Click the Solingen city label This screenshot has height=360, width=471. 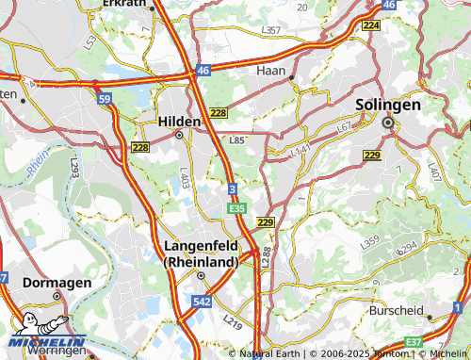click(x=388, y=105)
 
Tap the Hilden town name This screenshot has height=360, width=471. click(x=179, y=122)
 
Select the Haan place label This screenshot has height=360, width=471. click(x=272, y=71)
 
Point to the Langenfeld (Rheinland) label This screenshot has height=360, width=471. click(x=200, y=254)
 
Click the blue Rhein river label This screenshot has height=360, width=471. click(x=36, y=163)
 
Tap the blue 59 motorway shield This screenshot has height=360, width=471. click(x=105, y=97)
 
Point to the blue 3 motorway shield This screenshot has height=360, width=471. click(x=232, y=190)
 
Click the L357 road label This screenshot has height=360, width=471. click(x=271, y=31)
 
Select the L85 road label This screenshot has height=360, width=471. click(x=237, y=140)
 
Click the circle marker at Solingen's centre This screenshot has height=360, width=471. click(x=387, y=122)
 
